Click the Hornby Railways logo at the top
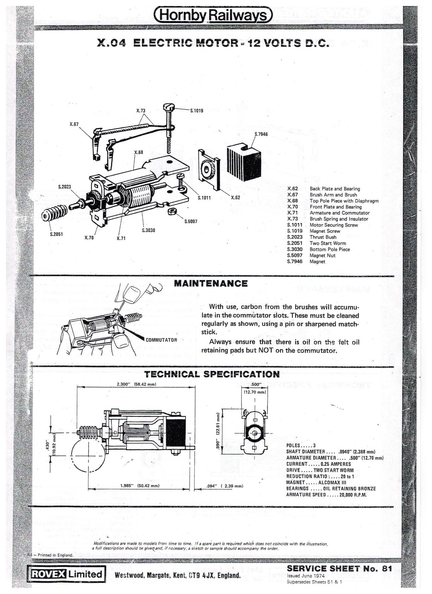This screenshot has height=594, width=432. [214, 15]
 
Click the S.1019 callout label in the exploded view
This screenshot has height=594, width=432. [196, 111]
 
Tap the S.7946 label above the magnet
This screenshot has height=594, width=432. [261, 134]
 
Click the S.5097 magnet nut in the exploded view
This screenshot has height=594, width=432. [172, 212]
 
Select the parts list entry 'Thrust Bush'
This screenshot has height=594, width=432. [323, 237]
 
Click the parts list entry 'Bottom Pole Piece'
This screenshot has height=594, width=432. [329, 249]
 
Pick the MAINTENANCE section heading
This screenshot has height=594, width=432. [211, 283]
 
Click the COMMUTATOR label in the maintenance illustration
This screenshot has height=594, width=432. [162, 340]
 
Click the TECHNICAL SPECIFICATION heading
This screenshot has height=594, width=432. [212, 374]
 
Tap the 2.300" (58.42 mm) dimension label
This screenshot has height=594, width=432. [136, 384]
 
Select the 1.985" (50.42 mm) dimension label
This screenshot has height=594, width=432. [140, 486]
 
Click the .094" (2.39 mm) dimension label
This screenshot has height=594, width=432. [225, 486]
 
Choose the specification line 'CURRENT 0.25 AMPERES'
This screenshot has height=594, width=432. [318, 464]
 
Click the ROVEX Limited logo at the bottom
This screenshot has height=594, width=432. [67, 574]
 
